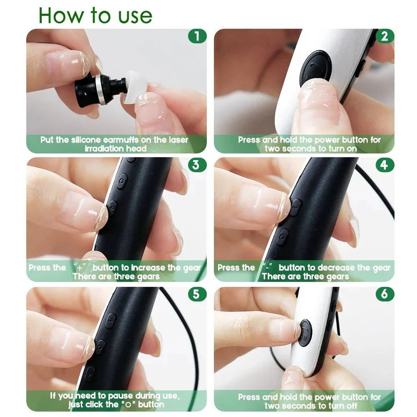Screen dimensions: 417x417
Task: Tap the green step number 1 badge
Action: point(197,36)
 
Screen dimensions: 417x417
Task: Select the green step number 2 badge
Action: point(385,36)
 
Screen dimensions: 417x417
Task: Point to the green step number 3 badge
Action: point(197,165)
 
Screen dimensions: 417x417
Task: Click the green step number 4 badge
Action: point(385,165)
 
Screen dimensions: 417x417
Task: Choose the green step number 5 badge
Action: point(197,294)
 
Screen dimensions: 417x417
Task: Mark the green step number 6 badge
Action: point(385,294)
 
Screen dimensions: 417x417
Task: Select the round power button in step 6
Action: point(305,332)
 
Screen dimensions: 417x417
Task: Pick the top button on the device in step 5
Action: point(110,320)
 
